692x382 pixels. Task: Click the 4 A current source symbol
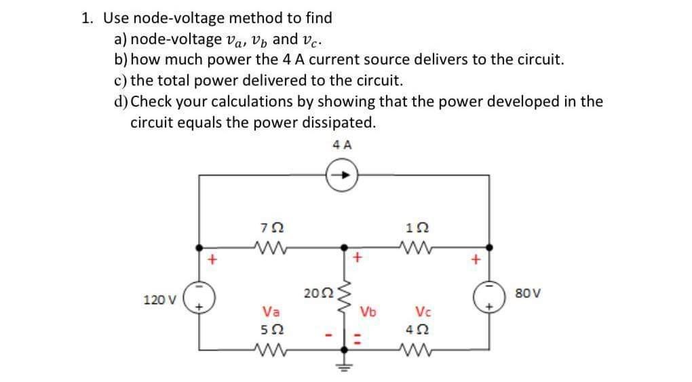point(342,174)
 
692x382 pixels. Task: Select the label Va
point(269,312)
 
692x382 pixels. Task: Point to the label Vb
point(368,313)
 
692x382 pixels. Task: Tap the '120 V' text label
point(159,299)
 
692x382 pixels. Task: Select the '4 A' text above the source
point(343,145)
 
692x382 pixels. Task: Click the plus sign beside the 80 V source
point(476,258)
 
